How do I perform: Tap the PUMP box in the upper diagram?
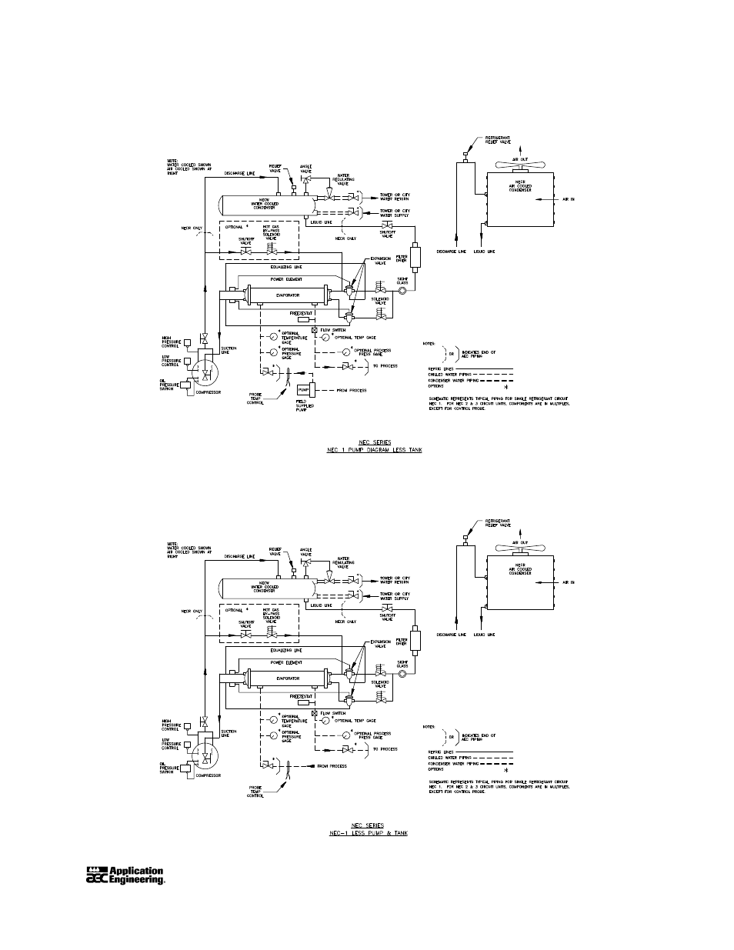pos(303,390)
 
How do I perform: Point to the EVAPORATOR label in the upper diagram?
pos(287,294)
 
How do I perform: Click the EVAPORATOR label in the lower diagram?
pos(287,678)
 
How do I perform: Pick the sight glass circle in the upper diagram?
pos(401,291)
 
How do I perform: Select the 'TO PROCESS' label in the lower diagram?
pos(385,748)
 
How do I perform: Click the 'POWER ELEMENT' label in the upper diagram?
pos(286,279)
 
